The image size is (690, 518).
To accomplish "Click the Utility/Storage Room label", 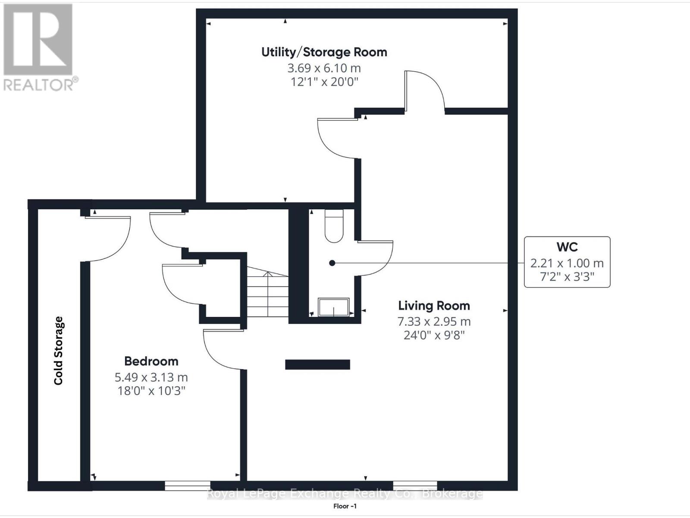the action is (324, 52).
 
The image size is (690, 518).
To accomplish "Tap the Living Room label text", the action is (434, 306).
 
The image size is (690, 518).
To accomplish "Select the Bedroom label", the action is (151, 361).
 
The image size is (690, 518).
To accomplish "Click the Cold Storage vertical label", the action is (59, 351).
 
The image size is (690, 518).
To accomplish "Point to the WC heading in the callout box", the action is (567, 247).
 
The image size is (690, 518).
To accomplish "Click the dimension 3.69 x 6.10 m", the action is (324, 68).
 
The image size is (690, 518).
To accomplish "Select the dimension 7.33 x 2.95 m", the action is (434, 322).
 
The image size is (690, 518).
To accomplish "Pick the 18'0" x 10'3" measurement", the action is (151, 391).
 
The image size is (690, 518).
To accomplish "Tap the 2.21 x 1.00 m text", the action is (567, 263).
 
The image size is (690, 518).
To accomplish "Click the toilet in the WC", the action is (334, 226).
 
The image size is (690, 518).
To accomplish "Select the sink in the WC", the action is (333, 307).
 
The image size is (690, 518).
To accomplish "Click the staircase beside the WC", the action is (267, 291).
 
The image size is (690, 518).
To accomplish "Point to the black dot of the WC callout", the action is (332, 263).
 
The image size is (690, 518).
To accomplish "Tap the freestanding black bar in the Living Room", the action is (317, 364).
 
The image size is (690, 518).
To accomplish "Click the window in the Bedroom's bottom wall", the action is (188, 486).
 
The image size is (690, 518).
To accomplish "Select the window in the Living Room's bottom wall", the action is (415, 486).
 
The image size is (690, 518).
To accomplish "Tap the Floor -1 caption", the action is (345, 506).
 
